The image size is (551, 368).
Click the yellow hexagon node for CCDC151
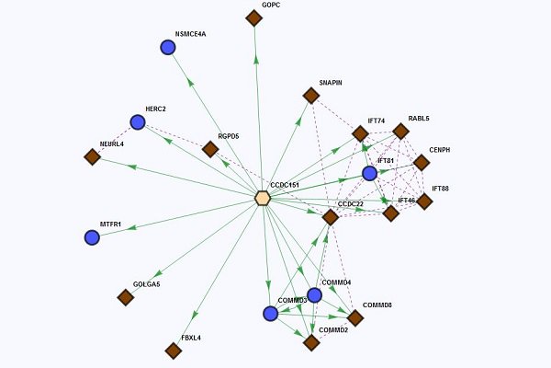263,198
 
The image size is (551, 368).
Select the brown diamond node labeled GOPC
254,17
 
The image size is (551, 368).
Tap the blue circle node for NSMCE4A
168,47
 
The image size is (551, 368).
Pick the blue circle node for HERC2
138,122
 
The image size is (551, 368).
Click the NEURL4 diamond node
92,157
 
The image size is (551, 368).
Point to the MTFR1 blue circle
92,237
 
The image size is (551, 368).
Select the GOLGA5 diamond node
126,297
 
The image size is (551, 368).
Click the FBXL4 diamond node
173,351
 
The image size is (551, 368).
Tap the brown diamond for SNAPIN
311,95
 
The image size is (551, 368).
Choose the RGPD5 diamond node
210,149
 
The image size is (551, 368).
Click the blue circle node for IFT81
369,173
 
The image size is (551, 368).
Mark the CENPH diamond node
421,163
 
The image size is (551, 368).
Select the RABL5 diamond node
400,131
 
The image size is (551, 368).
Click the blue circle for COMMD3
270,314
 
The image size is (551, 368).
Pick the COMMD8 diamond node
355,317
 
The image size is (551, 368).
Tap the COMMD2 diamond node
311,342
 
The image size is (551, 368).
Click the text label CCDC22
352,203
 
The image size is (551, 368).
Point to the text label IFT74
377,121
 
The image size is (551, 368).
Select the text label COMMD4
336,282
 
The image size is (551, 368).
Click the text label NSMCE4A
190,34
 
